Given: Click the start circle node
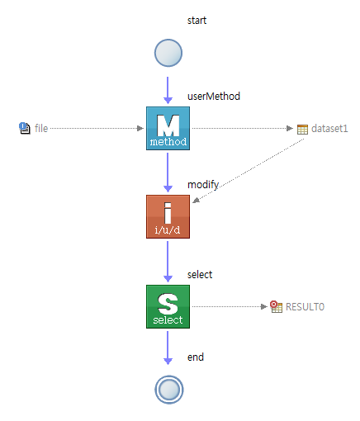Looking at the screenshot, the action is click(x=168, y=53).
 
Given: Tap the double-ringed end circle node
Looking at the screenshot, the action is click(x=169, y=390).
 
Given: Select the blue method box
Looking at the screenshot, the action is click(x=168, y=128).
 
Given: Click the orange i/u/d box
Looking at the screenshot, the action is click(x=168, y=216).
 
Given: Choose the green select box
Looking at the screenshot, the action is click(x=168, y=306).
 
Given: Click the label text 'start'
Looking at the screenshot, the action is click(x=197, y=21).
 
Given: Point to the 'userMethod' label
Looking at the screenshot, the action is click(x=214, y=97).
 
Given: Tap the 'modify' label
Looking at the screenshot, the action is click(x=203, y=185).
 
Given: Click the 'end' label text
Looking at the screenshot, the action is click(x=196, y=357).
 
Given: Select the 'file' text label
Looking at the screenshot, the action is click(x=41, y=128).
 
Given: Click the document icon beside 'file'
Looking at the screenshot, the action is click(x=25, y=128).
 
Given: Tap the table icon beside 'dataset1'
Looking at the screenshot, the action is click(x=302, y=129).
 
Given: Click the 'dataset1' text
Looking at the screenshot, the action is click(x=329, y=129).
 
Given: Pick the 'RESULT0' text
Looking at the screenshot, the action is click(x=305, y=307).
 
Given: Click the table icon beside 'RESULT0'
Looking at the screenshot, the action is click(x=276, y=306).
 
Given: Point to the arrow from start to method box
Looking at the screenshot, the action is click(x=168, y=90).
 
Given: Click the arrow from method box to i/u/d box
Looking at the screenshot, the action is click(x=168, y=173).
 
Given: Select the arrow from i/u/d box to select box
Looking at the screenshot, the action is click(x=168, y=262).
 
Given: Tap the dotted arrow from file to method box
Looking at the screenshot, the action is click(x=97, y=128).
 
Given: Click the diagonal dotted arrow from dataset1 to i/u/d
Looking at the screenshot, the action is click(x=248, y=171).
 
